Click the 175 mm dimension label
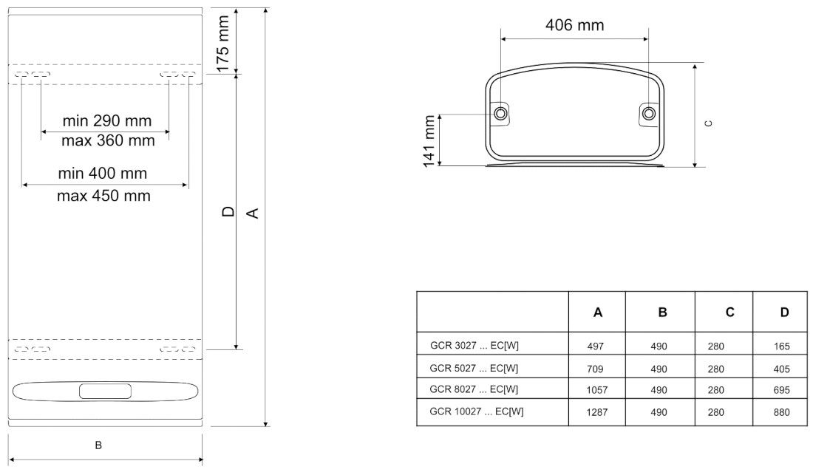point(222,43)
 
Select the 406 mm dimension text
point(574,25)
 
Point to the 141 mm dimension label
point(429,141)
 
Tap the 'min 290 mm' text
point(107,120)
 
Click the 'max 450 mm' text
point(103,196)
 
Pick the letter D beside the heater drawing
point(228,211)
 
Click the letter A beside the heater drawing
point(252,213)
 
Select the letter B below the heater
point(98,445)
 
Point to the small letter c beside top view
point(708,123)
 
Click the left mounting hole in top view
point(500,114)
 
